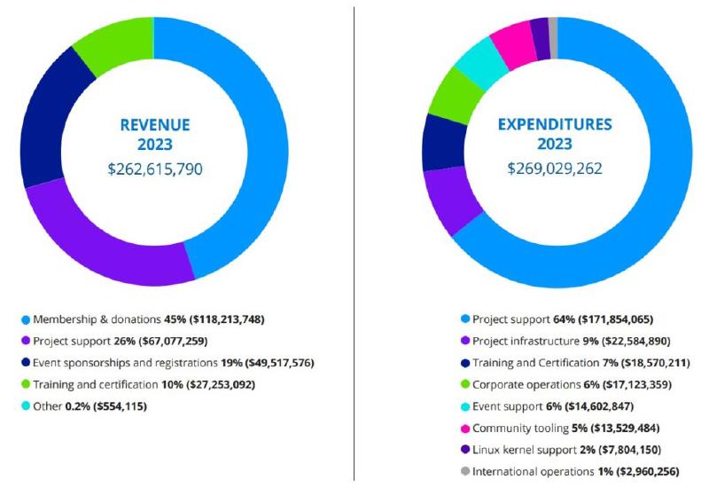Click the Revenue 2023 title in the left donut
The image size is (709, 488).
tap(154, 134)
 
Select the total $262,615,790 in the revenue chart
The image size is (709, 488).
tap(154, 168)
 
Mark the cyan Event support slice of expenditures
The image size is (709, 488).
tap(479, 62)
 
